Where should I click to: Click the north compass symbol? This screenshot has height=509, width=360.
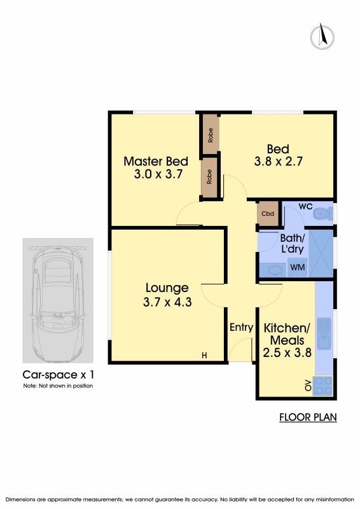coord(322,36)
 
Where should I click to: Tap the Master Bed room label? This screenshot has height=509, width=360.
coord(156,162)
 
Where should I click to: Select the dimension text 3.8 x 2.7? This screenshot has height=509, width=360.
coord(278,162)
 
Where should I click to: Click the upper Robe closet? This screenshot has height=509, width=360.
coord(211,135)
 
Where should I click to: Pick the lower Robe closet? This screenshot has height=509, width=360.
coord(210,177)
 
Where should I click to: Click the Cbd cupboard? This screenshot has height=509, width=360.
coord(268,214)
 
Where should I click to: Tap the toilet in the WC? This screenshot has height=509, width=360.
coord(322,213)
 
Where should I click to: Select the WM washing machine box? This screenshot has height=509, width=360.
coord(297,267)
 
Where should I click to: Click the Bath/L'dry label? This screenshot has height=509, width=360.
coord(292,244)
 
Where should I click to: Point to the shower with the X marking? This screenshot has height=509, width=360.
coord(321,253)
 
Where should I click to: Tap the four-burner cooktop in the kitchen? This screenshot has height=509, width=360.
coord(322,386)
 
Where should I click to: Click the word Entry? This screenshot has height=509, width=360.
coord(241,327)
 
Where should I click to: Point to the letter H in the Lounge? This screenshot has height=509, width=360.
coord(204,356)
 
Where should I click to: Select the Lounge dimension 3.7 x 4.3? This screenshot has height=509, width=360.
coord(167,302)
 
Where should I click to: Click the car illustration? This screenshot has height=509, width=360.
coord(58,300)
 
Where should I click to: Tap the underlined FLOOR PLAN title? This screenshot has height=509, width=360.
coord(308,417)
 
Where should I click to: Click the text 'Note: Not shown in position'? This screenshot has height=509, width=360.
coord(58,386)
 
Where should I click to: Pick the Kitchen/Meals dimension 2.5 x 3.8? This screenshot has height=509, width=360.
coord(287,352)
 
